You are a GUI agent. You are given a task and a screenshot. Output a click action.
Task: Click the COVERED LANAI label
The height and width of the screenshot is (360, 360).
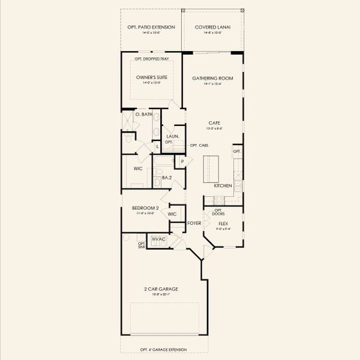212,27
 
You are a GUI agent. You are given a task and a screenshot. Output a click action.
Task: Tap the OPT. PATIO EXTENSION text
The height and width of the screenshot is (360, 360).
151,27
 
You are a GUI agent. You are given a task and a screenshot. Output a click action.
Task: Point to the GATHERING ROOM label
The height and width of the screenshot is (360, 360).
212,78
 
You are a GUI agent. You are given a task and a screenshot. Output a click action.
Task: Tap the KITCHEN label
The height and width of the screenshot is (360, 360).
223,186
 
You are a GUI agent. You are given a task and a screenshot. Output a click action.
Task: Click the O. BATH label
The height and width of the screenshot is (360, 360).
142,114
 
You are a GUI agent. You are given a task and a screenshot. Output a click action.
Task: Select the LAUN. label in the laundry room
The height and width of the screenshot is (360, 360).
172,136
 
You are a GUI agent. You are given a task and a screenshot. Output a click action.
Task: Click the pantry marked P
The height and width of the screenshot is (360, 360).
181,161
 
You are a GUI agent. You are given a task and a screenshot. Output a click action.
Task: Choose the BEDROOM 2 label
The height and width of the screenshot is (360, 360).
145,208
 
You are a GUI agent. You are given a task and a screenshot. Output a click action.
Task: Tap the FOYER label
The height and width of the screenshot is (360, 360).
194,223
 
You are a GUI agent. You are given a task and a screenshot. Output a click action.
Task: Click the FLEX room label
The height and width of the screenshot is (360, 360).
223,223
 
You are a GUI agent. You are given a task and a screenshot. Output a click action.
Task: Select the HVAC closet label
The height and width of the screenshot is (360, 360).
158,239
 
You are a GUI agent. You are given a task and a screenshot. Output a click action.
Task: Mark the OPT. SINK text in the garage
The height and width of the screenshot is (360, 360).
142,245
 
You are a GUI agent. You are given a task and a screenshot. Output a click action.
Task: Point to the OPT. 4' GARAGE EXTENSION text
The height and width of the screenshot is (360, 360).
166,350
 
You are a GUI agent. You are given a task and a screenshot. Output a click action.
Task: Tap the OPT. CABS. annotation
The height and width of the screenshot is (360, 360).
199,146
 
